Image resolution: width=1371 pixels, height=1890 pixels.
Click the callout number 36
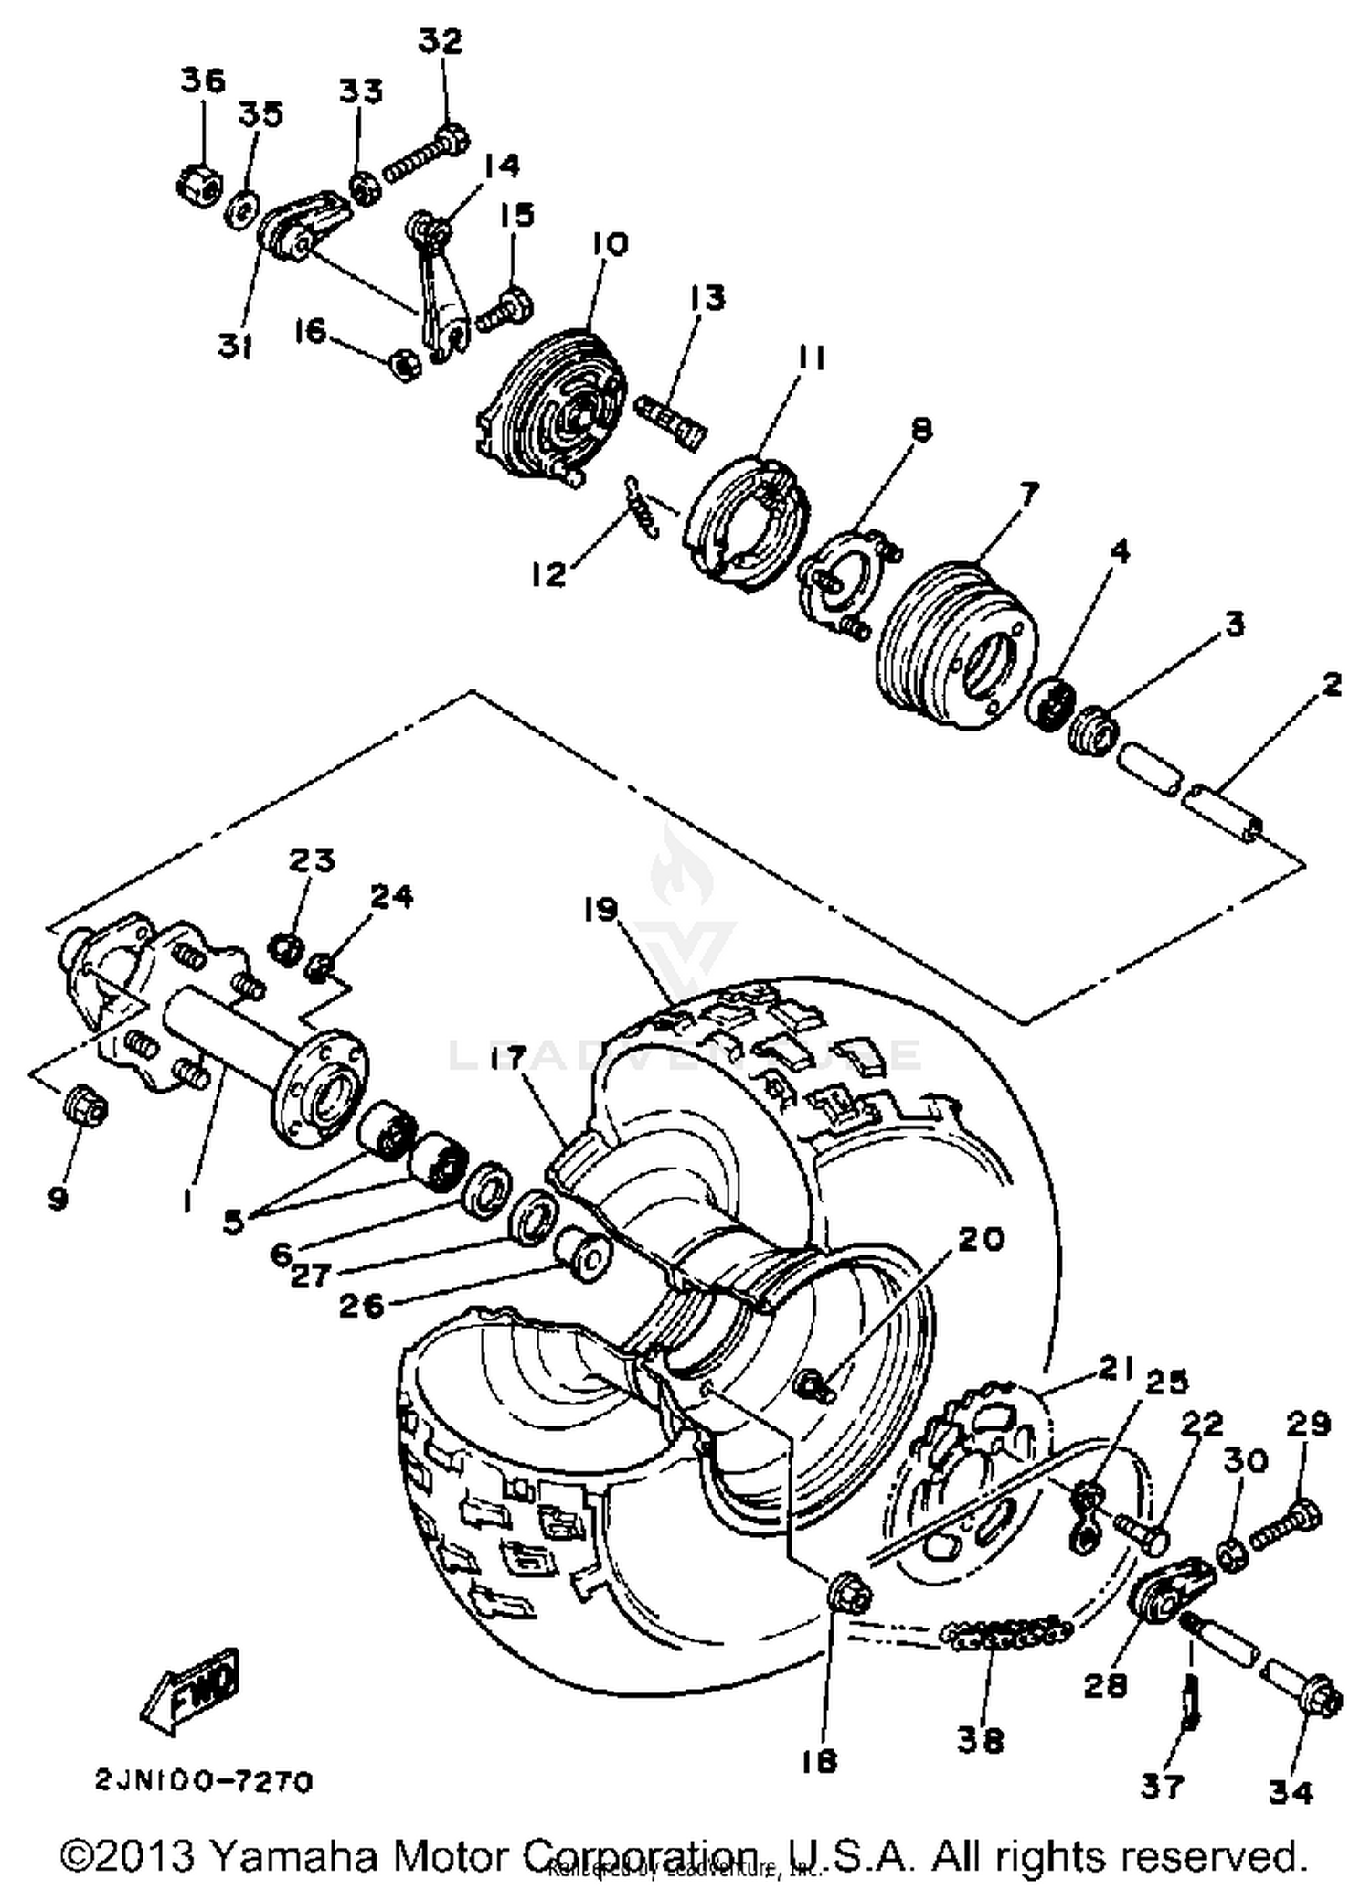click(x=202, y=81)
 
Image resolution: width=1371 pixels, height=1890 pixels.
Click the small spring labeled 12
click(x=643, y=507)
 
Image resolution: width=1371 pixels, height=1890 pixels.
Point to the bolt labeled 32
click(x=425, y=158)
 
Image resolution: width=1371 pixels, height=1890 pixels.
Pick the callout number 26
click(x=362, y=1306)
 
